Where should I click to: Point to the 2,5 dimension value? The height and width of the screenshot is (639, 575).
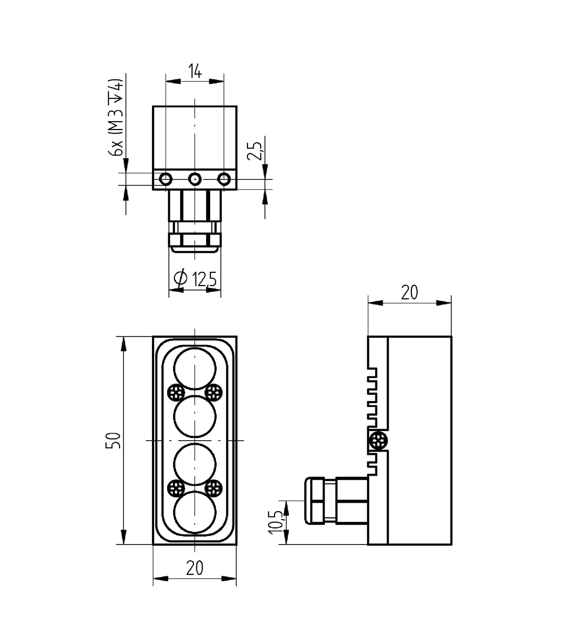tap(255, 151)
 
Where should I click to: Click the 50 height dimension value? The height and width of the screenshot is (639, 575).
tap(112, 440)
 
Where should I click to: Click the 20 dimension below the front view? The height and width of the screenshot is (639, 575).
tap(195, 568)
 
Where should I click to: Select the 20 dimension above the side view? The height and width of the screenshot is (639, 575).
tap(409, 293)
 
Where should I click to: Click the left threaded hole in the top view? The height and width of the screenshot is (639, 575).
tap(166, 179)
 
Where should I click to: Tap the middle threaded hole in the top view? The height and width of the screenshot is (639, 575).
tap(195, 179)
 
